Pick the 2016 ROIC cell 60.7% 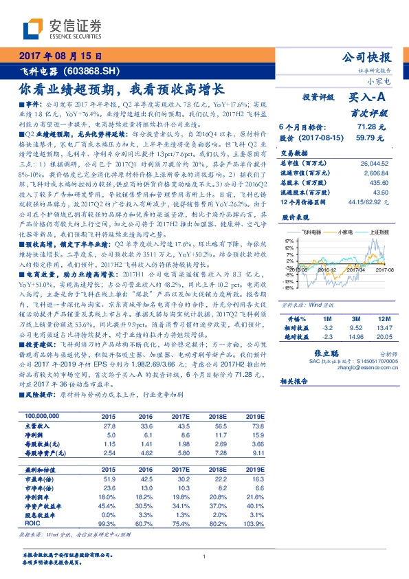click(145, 523)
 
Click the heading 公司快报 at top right click(366, 57)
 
